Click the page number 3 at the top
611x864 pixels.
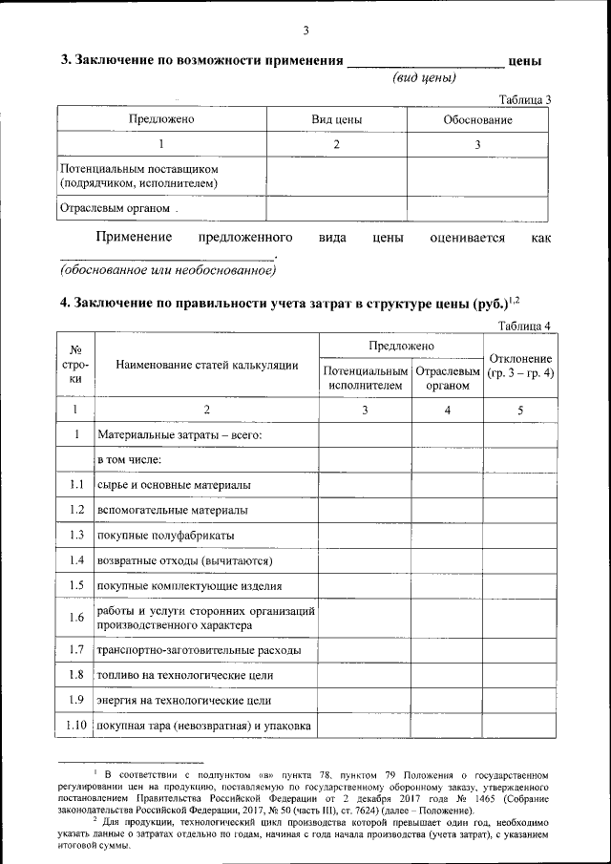305,31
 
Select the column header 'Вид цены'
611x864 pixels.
336,119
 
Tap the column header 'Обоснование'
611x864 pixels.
477,119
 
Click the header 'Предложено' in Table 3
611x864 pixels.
161,119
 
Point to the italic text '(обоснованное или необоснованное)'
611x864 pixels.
167,270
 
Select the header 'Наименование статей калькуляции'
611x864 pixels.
206,365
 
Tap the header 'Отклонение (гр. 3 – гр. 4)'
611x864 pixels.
519,366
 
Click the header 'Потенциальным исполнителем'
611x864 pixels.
366,378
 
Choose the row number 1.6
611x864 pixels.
76,618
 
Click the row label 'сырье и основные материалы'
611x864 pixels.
173,485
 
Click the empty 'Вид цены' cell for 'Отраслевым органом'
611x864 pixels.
336,207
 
